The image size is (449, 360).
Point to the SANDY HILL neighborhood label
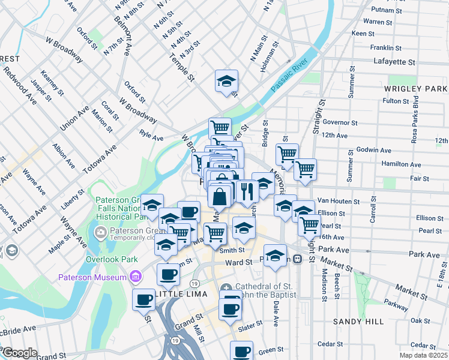[358, 322]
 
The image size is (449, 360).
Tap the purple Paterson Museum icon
[136, 277]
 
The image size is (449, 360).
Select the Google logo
[20, 353]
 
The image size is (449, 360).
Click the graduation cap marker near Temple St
[226, 81]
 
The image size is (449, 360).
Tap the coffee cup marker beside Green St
[242, 351]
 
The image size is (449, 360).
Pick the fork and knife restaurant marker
[247, 191]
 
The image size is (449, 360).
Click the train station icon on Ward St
[297, 259]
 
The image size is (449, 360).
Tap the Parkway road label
[396, 304]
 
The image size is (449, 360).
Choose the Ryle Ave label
[151, 137]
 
